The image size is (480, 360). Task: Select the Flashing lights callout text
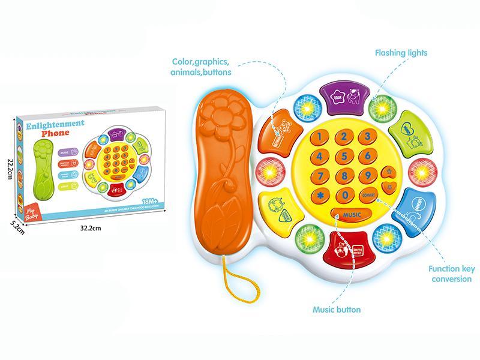click(401, 53)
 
